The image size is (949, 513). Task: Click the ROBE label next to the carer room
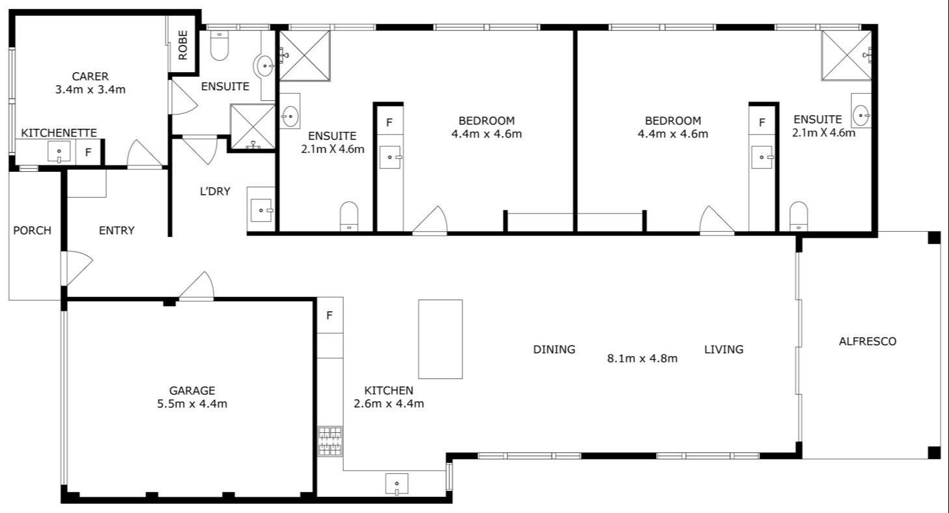pos(183,45)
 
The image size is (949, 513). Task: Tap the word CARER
pos(90,76)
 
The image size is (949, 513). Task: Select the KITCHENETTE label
pos(59,133)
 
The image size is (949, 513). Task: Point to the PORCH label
pos(32,230)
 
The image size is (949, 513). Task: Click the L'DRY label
pos(215,191)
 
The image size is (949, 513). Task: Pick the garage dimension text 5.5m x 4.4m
pos(192,404)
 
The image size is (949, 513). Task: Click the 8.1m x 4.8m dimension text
pos(642,357)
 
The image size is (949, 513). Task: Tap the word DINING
pos(554,350)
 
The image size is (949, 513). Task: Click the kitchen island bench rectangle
pos(440,339)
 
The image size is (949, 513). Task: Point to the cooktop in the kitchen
pos(330,441)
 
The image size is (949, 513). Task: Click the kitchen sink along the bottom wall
pos(397,484)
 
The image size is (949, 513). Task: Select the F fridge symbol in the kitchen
pos(330,316)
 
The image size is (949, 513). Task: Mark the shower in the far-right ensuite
pos(845,55)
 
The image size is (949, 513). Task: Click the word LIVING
pos(724,350)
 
